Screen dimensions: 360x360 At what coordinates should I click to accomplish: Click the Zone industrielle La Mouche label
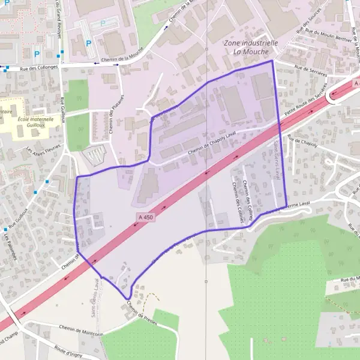tap(250, 47)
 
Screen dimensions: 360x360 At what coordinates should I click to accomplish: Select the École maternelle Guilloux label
tap(35, 122)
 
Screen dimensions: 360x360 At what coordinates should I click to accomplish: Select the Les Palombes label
tap(8, 246)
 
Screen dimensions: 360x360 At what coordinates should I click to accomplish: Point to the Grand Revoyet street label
tap(59, 21)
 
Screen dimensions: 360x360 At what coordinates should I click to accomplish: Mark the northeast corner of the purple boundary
tap(272, 61)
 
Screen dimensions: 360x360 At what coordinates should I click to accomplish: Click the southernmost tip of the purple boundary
tap(127, 298)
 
